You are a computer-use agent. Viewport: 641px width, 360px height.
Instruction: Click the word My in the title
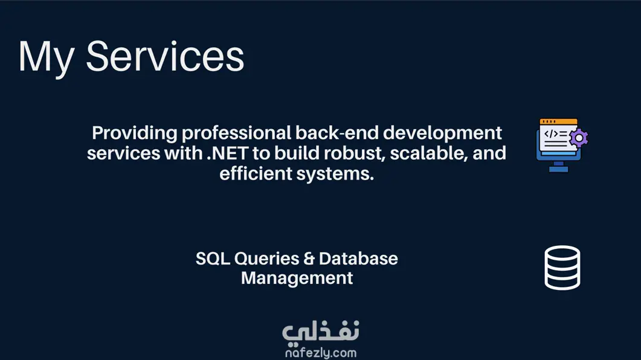(x=46, y=57)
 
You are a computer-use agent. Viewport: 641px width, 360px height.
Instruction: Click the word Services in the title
(x=165, y=56)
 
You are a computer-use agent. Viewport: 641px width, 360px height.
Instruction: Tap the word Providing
(x=135, y=133)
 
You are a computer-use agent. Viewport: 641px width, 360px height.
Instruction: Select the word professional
(x=236, y=133)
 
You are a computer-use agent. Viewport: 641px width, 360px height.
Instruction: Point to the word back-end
(x=337, y=133)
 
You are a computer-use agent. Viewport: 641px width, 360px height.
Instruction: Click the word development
(x=442, y=133)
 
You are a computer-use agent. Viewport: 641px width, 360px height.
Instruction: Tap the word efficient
(x=256, y=173)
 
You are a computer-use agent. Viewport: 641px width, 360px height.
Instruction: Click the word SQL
(x=213, y=259)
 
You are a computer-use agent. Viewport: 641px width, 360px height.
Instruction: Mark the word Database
(x=358, y=259)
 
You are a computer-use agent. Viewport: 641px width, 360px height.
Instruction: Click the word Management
(x=297, y=278)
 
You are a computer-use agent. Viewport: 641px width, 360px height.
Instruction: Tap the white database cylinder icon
(x=562, y=268)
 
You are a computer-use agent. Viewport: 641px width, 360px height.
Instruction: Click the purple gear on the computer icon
(x=579, y=138)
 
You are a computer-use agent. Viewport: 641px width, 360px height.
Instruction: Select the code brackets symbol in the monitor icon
(x=551, y=133)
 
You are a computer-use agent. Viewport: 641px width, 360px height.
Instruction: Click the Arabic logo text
(x=321, y=332)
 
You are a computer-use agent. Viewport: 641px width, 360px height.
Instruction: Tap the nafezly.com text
(x=321, y=353)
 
